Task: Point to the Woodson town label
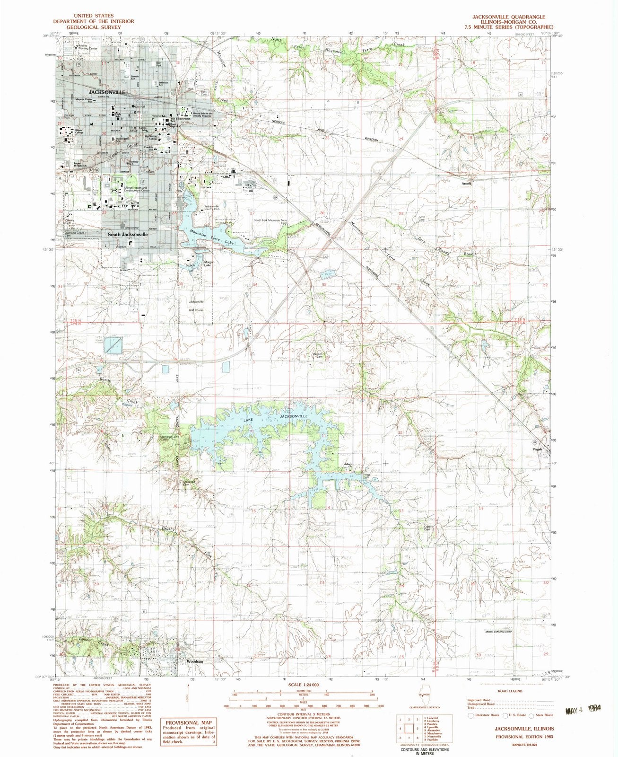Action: tap(194, 661)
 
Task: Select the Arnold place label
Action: tap(466, 184)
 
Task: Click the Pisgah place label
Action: tap(536, 449)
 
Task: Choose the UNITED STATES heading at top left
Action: tap(94, 16)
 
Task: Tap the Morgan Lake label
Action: tap(209, 264)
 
